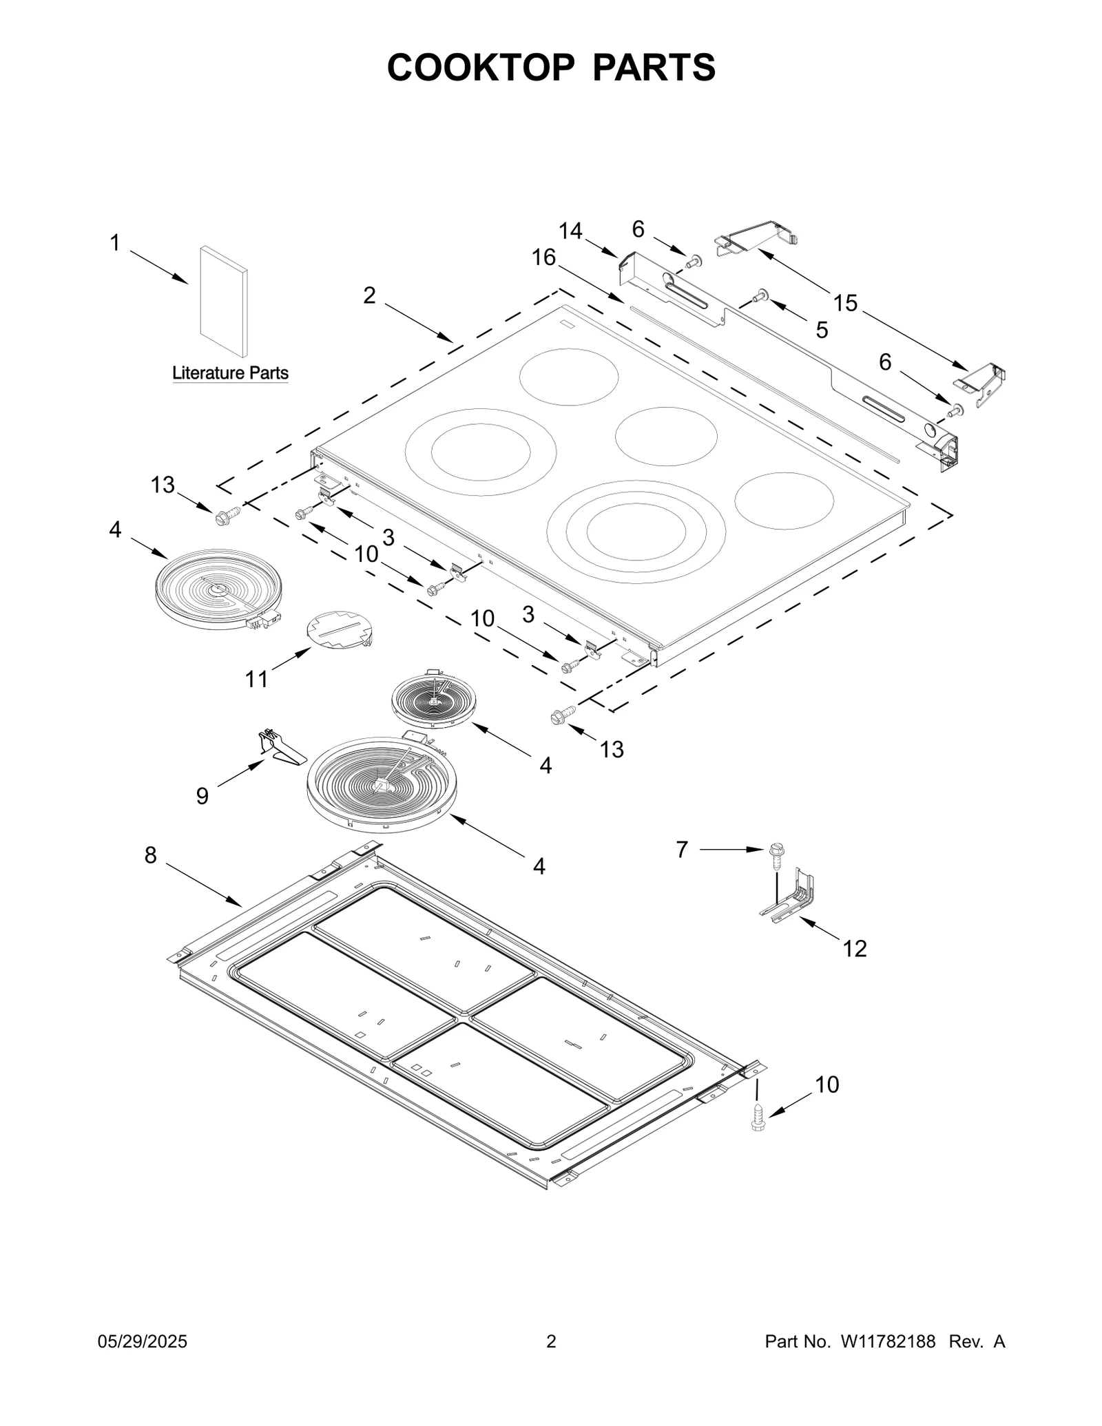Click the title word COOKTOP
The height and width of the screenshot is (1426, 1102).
coord(480,67)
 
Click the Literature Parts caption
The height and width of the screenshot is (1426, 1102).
coord(230,373)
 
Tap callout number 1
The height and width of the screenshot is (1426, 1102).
coord(115,243)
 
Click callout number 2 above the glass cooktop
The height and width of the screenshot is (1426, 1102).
coord(370,295)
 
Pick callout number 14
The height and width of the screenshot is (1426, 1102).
coord(570,231)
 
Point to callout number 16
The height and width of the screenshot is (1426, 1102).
coord(543,258)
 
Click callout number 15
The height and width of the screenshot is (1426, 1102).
coord(845,302)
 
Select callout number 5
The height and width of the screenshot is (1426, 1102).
coord(822,330)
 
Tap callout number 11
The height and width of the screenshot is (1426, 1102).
coord(256,679)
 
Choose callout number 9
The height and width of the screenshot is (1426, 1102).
coord(202,796)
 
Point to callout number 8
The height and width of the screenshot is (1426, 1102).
coord(150,855)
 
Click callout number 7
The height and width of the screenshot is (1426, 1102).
coord(682,850)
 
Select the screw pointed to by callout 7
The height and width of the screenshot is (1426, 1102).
coord(777,854)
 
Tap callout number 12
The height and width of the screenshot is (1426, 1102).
coord(855,949)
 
